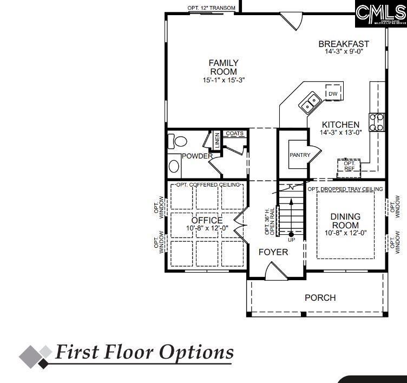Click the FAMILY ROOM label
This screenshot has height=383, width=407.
tap(224, 68)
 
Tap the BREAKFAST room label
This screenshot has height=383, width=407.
tap(344, 44)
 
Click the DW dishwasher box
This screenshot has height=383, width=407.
tap(333, 94)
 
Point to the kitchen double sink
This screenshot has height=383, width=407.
tap(310, 101)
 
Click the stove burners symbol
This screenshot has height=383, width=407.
tap(377, 122)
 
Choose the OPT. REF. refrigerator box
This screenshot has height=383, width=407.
tap(349, 166)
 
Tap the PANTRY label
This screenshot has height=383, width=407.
tap(300, 155)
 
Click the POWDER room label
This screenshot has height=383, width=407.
tap(197, 156)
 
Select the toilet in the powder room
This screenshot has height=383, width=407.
tap(179, 142)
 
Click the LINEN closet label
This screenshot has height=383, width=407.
tap(217, 140)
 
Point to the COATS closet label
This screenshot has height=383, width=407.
tap(234, 133)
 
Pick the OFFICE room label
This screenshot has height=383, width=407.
tap(207, 220)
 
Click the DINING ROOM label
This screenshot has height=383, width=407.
tap(345, 221)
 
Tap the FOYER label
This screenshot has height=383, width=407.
tap(273, 252)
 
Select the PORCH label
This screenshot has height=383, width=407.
tap(320, 298)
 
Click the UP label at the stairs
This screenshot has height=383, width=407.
tap(291, 240)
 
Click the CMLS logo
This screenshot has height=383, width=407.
tap(380, 13)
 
